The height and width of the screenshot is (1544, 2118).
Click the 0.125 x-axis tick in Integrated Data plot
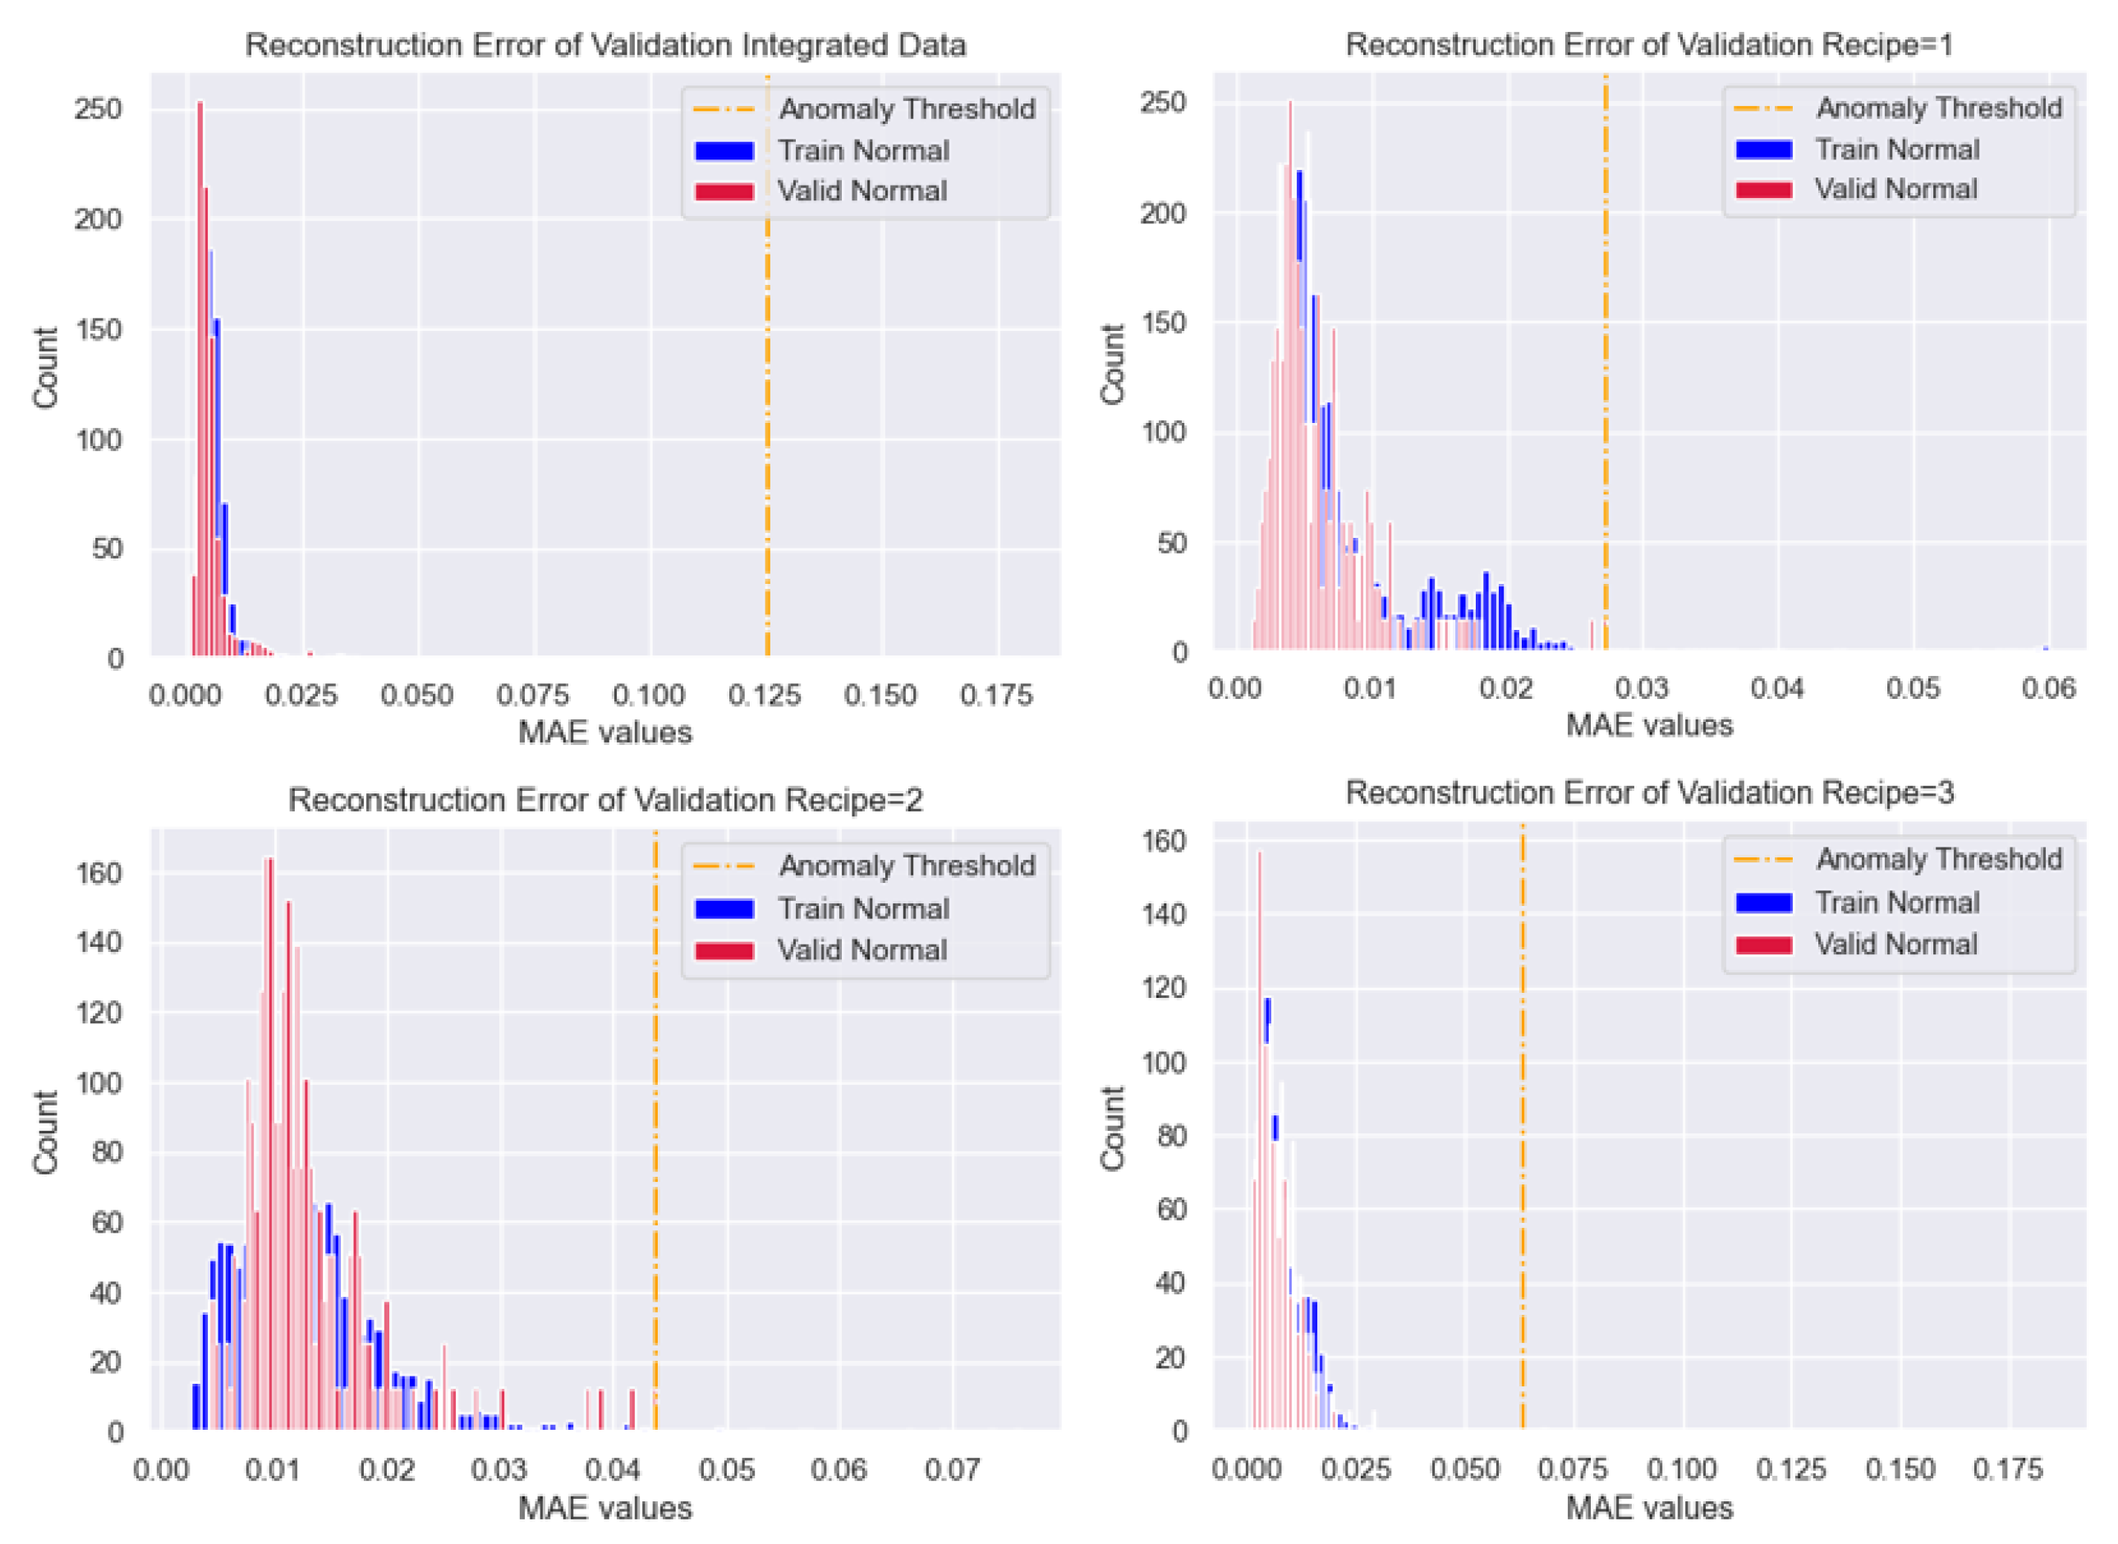tap(765, 696)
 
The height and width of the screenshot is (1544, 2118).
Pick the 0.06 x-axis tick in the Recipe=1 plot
tap(2047, 689)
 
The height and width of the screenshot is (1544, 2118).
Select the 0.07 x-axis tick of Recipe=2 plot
tap(952, 1470)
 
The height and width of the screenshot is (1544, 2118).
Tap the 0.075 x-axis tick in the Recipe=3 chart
tap(1572, 1469)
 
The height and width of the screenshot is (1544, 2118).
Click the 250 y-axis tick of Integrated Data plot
tap(99, 109)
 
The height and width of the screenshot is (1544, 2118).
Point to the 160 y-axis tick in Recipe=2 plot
tap(99, 873)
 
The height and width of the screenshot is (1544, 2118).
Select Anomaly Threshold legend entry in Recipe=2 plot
tap(906, 866)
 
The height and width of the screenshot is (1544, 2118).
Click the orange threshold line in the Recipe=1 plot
tap(1605, 374)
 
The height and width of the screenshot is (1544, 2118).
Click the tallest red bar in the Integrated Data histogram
tap(199, 374)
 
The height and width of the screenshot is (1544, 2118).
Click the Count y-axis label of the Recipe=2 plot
tap(45, 1131)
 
